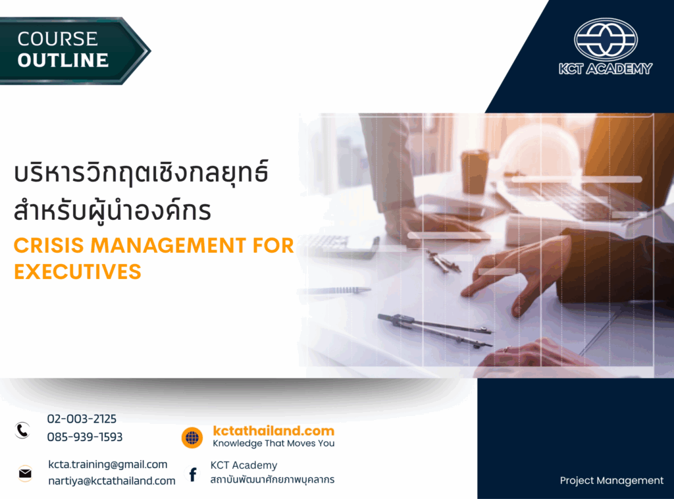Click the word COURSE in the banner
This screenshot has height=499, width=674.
pos(58,39)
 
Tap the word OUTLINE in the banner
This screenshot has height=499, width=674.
pos(63,60)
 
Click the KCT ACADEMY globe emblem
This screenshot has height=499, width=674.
pos(606,39)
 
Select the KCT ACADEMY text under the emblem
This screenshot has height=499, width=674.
pos(606,68)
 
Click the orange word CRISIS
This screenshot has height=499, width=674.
pos(49,246)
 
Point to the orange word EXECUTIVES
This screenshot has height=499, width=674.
pos(78,272)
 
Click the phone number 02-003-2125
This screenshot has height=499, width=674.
pos(82,419)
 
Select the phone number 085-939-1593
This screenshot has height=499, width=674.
pos(85,437)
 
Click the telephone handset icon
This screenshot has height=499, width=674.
pos(22,431)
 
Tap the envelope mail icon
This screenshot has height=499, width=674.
pos(26,473)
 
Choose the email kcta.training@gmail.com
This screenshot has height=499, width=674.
pos(107,465)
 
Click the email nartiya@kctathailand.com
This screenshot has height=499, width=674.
pos(112,481)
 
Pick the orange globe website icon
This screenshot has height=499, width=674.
pos(192,438)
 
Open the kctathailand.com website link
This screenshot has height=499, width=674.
pos(273,431)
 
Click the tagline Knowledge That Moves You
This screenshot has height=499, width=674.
pos(273,444)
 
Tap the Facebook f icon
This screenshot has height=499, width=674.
pos(193,475)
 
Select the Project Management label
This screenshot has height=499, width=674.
pos(611,481)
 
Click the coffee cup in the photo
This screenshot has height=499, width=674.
pos(475,171)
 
